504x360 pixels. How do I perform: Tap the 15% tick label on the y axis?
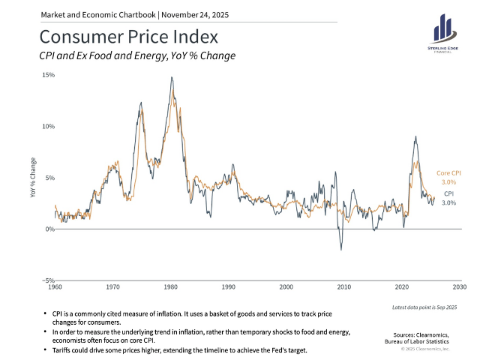48,75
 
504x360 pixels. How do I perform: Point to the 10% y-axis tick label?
48,126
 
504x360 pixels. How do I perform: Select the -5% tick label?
48,280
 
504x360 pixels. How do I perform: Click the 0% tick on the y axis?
49,229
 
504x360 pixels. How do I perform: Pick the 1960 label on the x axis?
55,287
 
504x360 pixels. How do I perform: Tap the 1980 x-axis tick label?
170,287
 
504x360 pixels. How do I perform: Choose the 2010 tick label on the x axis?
344,287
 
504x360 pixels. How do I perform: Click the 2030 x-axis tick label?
460,287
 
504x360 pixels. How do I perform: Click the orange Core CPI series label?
448,172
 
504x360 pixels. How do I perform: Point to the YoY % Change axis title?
32,178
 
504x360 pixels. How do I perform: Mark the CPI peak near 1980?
172,77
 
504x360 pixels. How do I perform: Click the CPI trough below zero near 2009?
341,250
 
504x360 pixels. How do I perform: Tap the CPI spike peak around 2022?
415,136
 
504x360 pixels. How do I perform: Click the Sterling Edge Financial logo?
445,34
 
